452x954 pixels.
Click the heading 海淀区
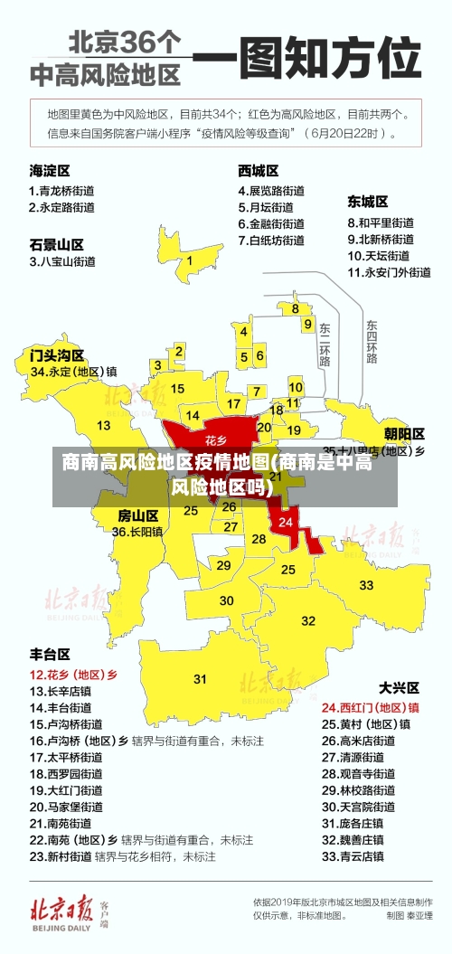50,170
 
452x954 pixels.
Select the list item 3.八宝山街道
62,261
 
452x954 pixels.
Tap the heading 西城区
258,170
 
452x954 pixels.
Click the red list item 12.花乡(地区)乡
73,675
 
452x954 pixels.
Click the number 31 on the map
200,678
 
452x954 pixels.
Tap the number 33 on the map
366,585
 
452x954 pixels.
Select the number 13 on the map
104,425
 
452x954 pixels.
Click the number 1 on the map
190,260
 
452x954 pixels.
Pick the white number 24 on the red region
286,522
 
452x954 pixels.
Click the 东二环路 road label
325,344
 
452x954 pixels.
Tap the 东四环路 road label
372,341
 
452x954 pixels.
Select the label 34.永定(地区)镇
73,371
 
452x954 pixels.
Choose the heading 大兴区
397,687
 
